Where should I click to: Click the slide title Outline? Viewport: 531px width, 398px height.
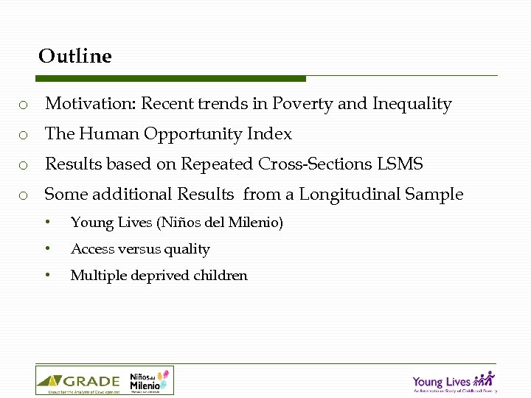tap(75, 56)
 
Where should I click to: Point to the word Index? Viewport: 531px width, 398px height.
tap(273, 134)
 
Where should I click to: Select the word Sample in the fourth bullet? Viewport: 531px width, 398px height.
tap(437, 195)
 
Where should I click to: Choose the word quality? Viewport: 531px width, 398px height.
tap(187, 250)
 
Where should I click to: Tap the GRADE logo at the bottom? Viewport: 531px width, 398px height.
tap(78, 381)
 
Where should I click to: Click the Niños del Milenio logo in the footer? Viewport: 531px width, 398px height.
tap(149, 381)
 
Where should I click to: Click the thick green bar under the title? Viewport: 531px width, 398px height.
tap(171, 78)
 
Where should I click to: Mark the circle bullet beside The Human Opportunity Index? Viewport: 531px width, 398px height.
tap(24, 135)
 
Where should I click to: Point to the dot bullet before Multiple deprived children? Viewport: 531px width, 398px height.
tap(47, 275)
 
